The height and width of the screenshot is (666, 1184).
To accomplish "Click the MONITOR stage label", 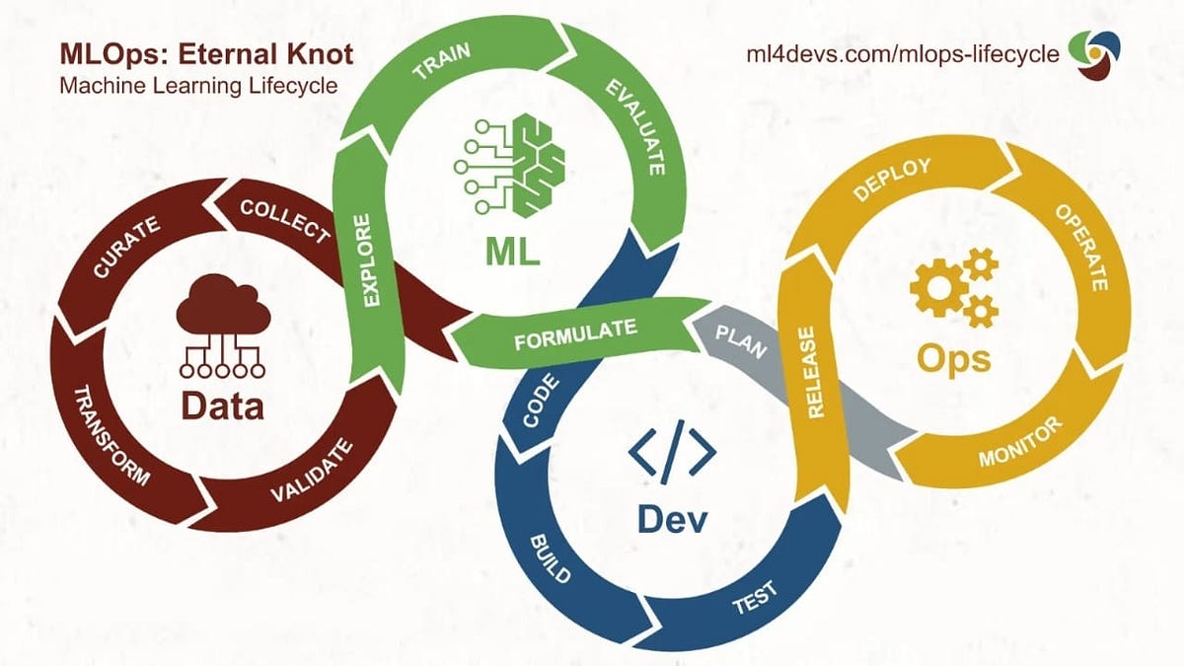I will pyautogui.click(x=1020, y=443).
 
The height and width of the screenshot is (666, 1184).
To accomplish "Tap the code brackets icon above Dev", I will pyautogui.click(x=672, y=455).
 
